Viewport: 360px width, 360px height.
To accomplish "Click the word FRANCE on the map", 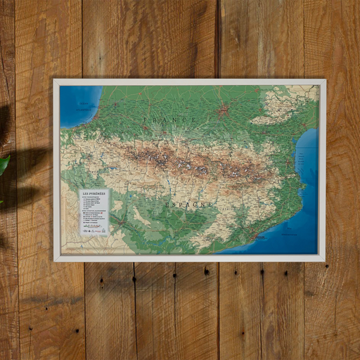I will point(171,120).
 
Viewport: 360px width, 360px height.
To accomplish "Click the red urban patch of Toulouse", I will point(224,110).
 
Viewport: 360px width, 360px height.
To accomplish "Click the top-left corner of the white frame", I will point(54,80).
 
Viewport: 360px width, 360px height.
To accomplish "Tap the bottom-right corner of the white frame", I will point(325,260).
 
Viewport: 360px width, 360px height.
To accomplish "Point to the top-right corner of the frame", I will point(325,80).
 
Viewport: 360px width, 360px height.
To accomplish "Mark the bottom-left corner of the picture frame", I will point(54,260).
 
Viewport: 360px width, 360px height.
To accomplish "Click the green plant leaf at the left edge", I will point(4,167).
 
